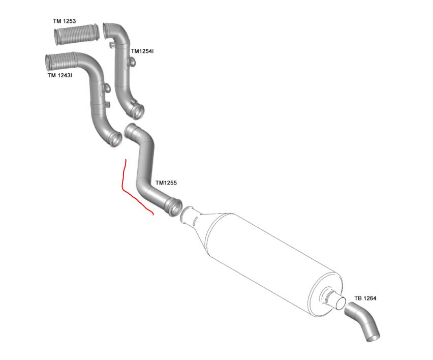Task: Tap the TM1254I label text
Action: [x=142, y=51]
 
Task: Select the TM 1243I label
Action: [x=59, y=75]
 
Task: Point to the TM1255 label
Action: [x=166, y=182]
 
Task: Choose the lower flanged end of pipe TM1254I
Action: [x=137, y=109]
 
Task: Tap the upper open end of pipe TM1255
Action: [x=131, y=130]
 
